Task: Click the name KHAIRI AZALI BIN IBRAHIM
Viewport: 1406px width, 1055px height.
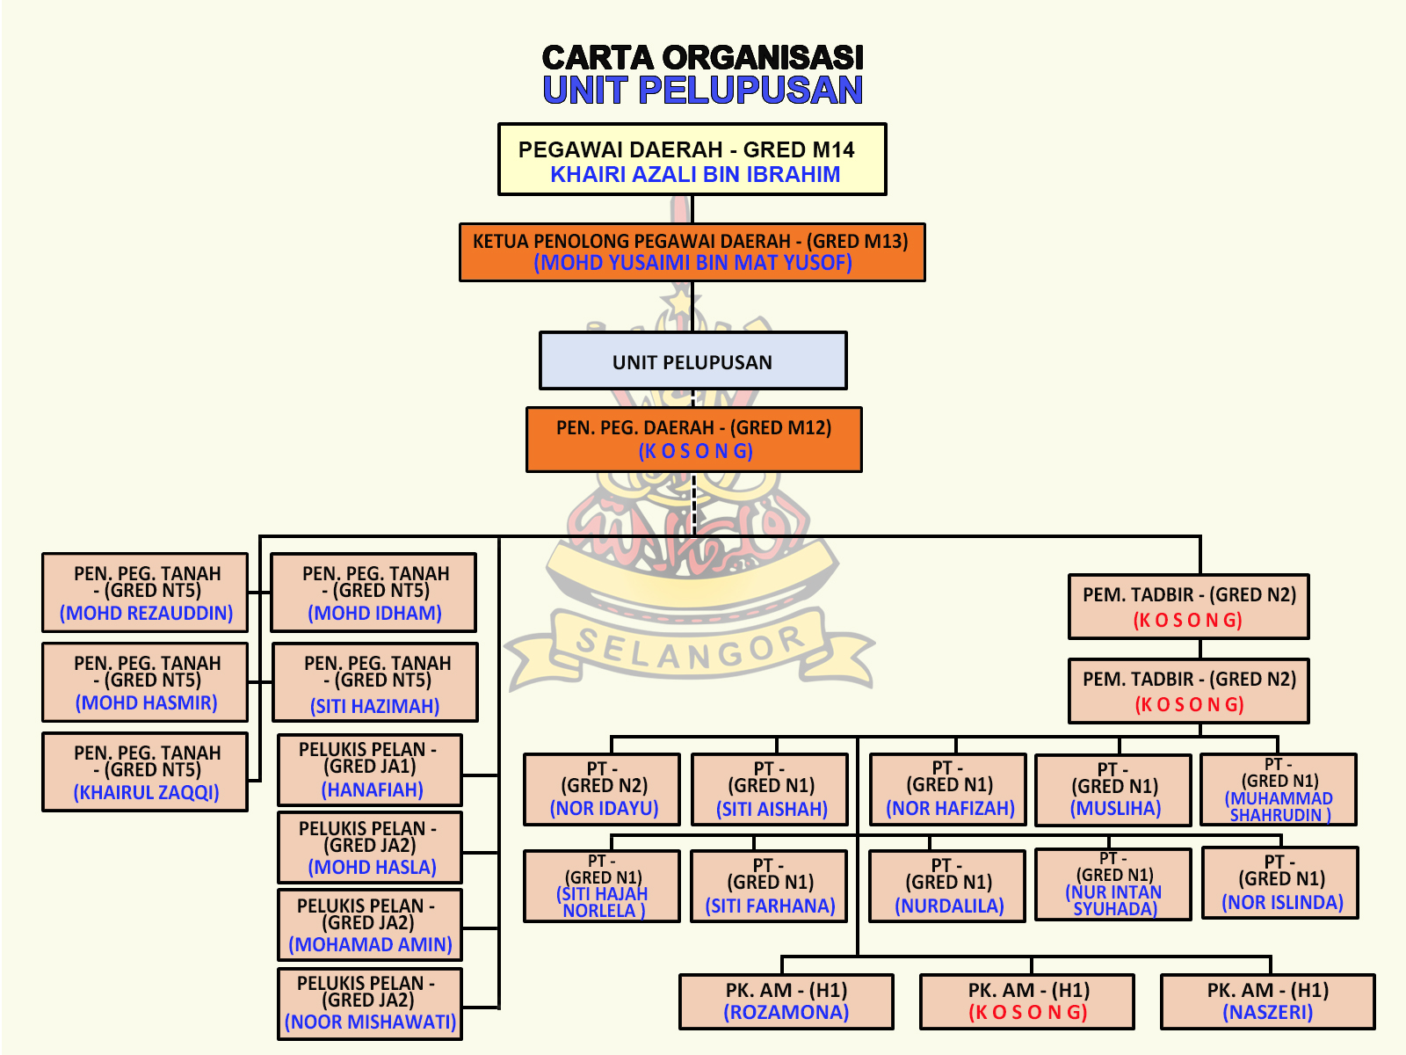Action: pyautogui.click(x=694, y=175)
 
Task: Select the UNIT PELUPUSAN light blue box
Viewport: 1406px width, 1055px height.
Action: pyautogui.click(x=692, y=360)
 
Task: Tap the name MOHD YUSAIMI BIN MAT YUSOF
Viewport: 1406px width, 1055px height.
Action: pyautogui.click(x=692, y=263)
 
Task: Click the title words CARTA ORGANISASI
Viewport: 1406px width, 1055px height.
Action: pyautogui.click(x=702, y=58)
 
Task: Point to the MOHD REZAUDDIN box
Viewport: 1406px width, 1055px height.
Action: pyautogui.click(x=145, y=593)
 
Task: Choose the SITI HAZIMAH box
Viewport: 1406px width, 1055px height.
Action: pyautogui.click(x=375, y=683)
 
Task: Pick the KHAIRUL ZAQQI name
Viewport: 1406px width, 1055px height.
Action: pyautogui.click(x=146, y=792)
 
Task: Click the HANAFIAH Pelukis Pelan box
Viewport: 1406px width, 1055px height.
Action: pyautogui.click(x=370, y=770)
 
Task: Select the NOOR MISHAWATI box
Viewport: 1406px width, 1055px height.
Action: pyautogui.click(x=370, y=1004)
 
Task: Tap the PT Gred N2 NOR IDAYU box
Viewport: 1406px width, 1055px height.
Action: pyautogui.click(x=602, y=789)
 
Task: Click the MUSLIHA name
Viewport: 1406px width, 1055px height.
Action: pyautogui.click(x=1115, y=809)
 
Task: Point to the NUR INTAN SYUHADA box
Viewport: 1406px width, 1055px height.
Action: pyautogui.click(x=1113, y=884)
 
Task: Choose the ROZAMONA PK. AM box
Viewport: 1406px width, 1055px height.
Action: pyautogui.click(x=786, y=1001)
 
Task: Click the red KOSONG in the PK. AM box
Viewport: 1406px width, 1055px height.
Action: pyautogui.click(x=1027, y=1013)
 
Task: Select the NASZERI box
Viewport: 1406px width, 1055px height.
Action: pyautogui.click(x=1268, y=1001)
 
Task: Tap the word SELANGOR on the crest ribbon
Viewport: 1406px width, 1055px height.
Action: pyautogui.click(x=690, y=648)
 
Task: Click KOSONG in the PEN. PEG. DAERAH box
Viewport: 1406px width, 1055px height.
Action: pyautogui.click(x=695, y=451)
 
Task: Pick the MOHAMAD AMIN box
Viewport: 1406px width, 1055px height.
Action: pyautogui.click(x=370, y=926)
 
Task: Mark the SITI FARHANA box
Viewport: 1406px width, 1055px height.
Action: pyautogui.click(x=770, y=885)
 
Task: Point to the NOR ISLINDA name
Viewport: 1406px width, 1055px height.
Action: pyautogui.click(x=1282, y=903)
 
